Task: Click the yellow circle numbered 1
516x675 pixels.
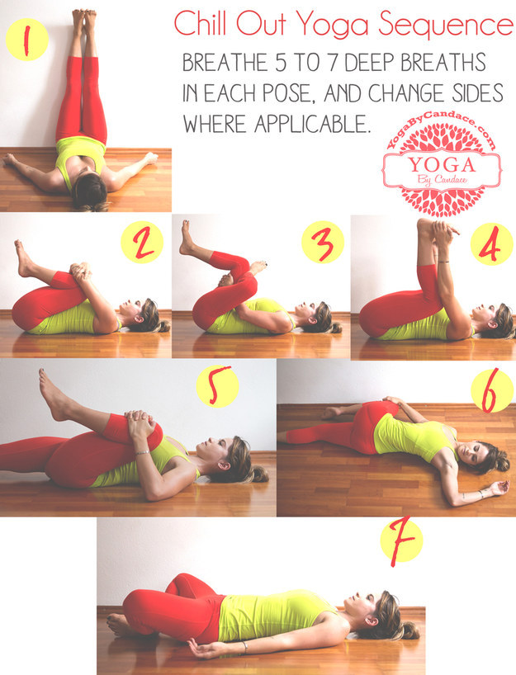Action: pos(26,39)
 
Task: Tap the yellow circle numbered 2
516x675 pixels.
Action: pos(142,242)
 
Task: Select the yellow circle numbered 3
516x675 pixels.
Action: pos(323,242)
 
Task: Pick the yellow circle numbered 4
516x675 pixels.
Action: pos(491,243)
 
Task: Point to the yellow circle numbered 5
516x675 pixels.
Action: pos(217,386)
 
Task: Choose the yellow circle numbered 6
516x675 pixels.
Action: pos(492,390)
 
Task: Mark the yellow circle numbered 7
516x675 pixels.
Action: pos(401,540)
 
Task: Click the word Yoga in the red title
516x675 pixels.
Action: pos(332,25)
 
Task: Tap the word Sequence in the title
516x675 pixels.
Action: pos(446,26)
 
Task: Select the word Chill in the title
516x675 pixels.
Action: pos(201,23)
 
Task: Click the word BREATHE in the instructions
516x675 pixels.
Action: pos(225,63)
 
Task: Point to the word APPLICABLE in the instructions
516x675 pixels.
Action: pos(313,125)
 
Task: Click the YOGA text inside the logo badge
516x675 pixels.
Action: pos(442,165)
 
